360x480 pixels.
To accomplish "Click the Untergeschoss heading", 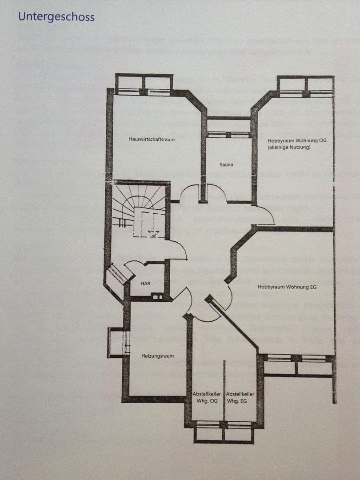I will point(56,17).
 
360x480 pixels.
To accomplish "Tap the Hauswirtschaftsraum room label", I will point(151,139).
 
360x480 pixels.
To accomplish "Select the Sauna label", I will point(226,164).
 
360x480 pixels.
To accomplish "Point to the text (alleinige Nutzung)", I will point(289,147).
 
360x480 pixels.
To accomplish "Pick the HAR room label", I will point(145,283).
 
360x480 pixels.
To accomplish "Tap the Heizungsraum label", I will point(157,356).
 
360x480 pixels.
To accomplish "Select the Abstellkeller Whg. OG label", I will point(207,397).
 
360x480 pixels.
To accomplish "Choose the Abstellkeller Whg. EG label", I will point(240,397).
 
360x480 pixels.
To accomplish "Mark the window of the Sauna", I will point(228,134).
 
